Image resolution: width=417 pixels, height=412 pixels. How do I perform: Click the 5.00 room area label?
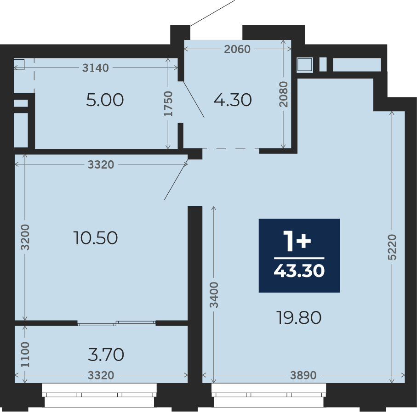point(105,100)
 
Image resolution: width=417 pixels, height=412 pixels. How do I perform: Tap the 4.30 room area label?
point(233,100)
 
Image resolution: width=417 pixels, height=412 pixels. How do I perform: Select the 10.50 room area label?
point(96,238)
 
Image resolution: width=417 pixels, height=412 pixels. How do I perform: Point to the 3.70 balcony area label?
point(106,355)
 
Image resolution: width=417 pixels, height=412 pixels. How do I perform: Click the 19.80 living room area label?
point(299,318)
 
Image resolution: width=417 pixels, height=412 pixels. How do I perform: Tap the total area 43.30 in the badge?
point(299,271)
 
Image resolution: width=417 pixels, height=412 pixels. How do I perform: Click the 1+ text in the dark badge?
point(297,241)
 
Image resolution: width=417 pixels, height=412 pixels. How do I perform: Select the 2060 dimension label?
point(237,49)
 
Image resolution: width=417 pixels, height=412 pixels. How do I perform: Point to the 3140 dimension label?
point(96,68)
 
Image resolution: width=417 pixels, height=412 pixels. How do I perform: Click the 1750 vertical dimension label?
point(168,104)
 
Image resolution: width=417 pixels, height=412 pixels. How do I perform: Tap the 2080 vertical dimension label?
point(284,94)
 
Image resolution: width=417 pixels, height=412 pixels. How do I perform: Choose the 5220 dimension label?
point(392,247)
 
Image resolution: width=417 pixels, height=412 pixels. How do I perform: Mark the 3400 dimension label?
point(214,295)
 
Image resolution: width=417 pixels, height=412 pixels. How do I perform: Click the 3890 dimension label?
point(303,375)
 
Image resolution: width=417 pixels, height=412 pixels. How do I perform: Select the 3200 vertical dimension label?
point(25,237)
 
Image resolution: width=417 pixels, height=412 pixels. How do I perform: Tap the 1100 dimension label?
point(25,355)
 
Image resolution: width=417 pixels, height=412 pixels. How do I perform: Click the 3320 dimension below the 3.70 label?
point(101,375)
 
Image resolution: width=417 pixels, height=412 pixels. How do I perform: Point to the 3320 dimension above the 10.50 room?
point(101,165)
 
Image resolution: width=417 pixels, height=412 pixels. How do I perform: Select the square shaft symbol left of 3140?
point(19,65)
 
